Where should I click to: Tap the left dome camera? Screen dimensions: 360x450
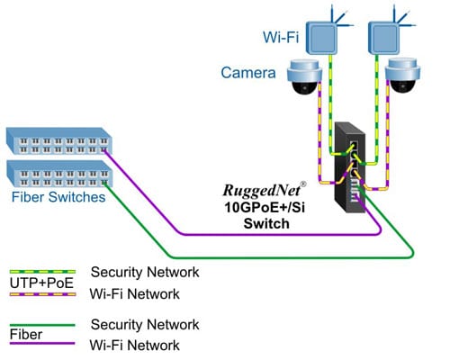pyautogui.click(x=303, y=79)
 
